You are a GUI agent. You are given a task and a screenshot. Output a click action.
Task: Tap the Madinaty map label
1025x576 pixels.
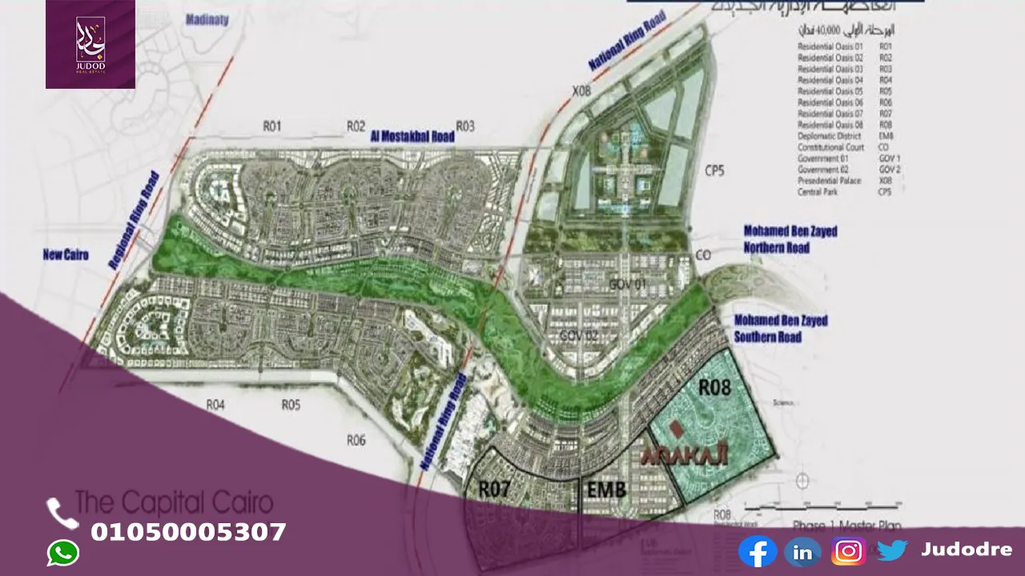(207, 22)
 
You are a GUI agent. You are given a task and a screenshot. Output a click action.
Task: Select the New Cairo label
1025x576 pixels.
(66, 255)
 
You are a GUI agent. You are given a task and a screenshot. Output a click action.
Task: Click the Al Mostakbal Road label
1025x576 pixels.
(412, 137)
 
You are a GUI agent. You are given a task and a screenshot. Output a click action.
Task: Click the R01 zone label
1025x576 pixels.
(272, 126)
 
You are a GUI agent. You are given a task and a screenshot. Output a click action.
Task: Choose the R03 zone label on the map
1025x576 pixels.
(465, 126)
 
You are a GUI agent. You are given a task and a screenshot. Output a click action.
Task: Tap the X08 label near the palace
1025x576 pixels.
(581, 91)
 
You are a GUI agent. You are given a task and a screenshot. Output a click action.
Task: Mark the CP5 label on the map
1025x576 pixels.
(714, 170)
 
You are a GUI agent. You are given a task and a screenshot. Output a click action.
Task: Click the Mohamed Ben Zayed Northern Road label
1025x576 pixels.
(790, 239)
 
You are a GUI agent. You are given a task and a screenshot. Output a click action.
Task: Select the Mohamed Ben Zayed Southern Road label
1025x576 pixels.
(781, 329)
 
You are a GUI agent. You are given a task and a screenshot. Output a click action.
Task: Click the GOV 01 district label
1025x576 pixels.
(627, 285)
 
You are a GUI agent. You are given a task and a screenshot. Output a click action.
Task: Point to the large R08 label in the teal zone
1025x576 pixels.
(714, 388)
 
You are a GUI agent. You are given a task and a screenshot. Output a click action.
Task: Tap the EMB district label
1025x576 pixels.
(606, 490)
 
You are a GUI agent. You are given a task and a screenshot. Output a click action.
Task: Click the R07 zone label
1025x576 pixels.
(494, 489)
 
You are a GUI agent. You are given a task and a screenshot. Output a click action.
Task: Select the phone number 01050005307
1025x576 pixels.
(188, 532)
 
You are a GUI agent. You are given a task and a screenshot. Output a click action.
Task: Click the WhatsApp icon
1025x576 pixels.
(62, 553)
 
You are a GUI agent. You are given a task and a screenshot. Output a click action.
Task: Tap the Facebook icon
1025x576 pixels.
(757, 551)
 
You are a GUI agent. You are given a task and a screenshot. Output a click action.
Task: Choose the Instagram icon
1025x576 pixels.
(848, 551)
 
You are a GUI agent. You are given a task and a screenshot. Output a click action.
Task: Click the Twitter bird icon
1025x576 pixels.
(891, 550)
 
